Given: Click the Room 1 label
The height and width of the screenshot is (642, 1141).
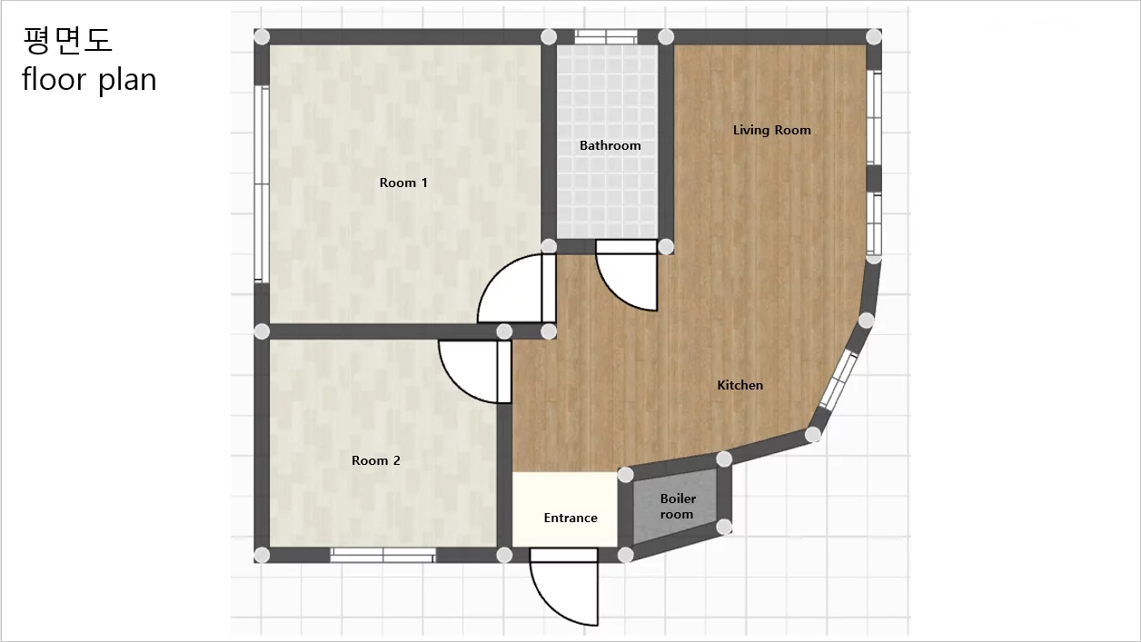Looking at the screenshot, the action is (x=403, y=183).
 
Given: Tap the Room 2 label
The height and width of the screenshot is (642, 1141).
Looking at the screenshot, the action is (x=376, y=460).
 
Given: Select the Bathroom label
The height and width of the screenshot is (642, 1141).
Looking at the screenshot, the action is (x=610, y=145).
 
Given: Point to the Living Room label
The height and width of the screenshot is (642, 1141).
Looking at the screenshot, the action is (x=771, y=131).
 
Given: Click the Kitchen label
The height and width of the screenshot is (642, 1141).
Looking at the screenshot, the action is (x=740, y=385).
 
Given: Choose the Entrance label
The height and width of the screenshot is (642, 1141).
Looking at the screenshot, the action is (x=570, y=518).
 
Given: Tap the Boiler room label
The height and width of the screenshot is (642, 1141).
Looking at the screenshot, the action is (x=678, y=506).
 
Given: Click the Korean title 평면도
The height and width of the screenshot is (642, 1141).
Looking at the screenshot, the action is (x=67, y=40).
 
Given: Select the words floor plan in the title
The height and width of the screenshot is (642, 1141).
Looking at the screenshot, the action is (x=89, y=80).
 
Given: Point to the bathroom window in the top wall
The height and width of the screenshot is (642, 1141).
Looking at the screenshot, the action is (x=606, y=36).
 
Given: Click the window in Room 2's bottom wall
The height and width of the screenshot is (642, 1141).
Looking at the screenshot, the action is (x=382, y=555).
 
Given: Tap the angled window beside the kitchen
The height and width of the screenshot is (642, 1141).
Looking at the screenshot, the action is (x=838, y=380).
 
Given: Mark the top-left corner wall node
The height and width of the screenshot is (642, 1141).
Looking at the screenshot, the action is (x=262, y=36).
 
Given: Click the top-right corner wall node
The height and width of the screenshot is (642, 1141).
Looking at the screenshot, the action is (x=874, y=36).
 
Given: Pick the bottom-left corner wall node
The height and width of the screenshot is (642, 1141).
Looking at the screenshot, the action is (x=262, y=555).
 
